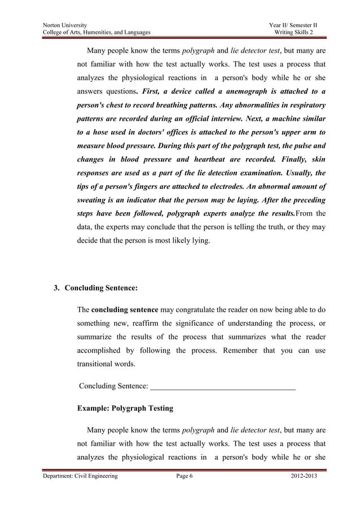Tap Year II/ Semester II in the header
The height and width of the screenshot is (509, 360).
tap(293, 25)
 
